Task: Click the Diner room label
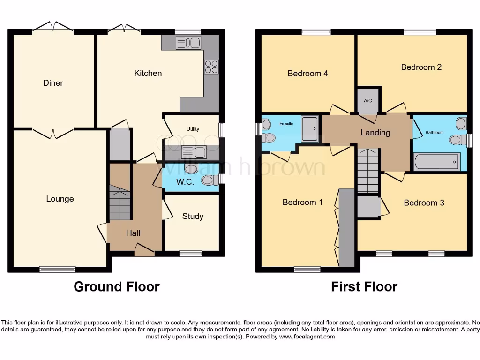(x=53, y=83)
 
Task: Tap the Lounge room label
(x=60, y=199)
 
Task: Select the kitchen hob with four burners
(x=211, y=67)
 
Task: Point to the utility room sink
(x=194, y=152)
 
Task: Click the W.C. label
(x=186, y=182)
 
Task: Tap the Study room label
(x=193, y=216)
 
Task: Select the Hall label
(x=133, y=233)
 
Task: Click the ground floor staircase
(x=120, y=202)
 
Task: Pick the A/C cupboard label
(x=368, y=101)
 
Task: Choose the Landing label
(x=375, y=133)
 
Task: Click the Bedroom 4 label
(x=307, y=74)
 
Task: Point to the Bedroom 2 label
(x=421, y=67)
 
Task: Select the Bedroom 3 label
(x=424, y=202)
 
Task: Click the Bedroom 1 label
(x=302, y=202)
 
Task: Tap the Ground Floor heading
(x=116, y=286)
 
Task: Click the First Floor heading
(x=364, y=286)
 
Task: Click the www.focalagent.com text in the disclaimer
(x=307, y=337)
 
